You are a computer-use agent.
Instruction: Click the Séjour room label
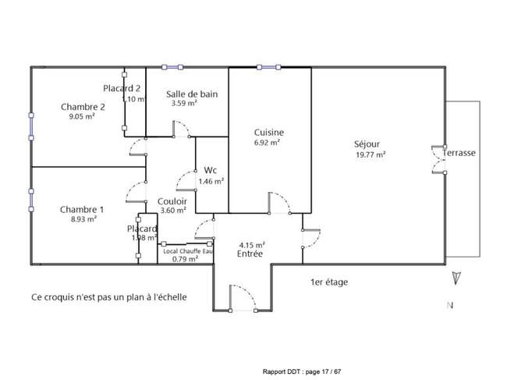(x=367, y=144)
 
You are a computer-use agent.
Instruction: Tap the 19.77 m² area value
(x=370, y=155)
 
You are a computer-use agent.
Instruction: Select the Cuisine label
(x=269, y=133)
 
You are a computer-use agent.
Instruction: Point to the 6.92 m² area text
(x=267, y=143)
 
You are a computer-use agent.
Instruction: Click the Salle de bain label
(x=192, y=94)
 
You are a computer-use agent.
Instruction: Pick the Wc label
(x=210, y=170)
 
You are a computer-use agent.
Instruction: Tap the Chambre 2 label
(x=83, y=107)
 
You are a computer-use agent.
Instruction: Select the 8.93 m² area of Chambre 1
(x=83, y=219)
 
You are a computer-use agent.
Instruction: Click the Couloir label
(x=172, y=201)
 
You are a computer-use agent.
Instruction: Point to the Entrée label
(x=250, y=254)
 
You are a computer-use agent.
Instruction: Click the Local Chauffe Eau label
(x=188, y=251)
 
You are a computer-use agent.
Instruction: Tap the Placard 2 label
(x=122, y=88)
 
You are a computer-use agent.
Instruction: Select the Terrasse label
(x=459, y=153)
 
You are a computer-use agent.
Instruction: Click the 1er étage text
(x=329, y=282)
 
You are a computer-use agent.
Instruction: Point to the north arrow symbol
(x=456, y=278)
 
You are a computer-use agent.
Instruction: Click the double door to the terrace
(x=439, y=160)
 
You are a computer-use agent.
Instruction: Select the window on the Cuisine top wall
(x=268, y=67)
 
